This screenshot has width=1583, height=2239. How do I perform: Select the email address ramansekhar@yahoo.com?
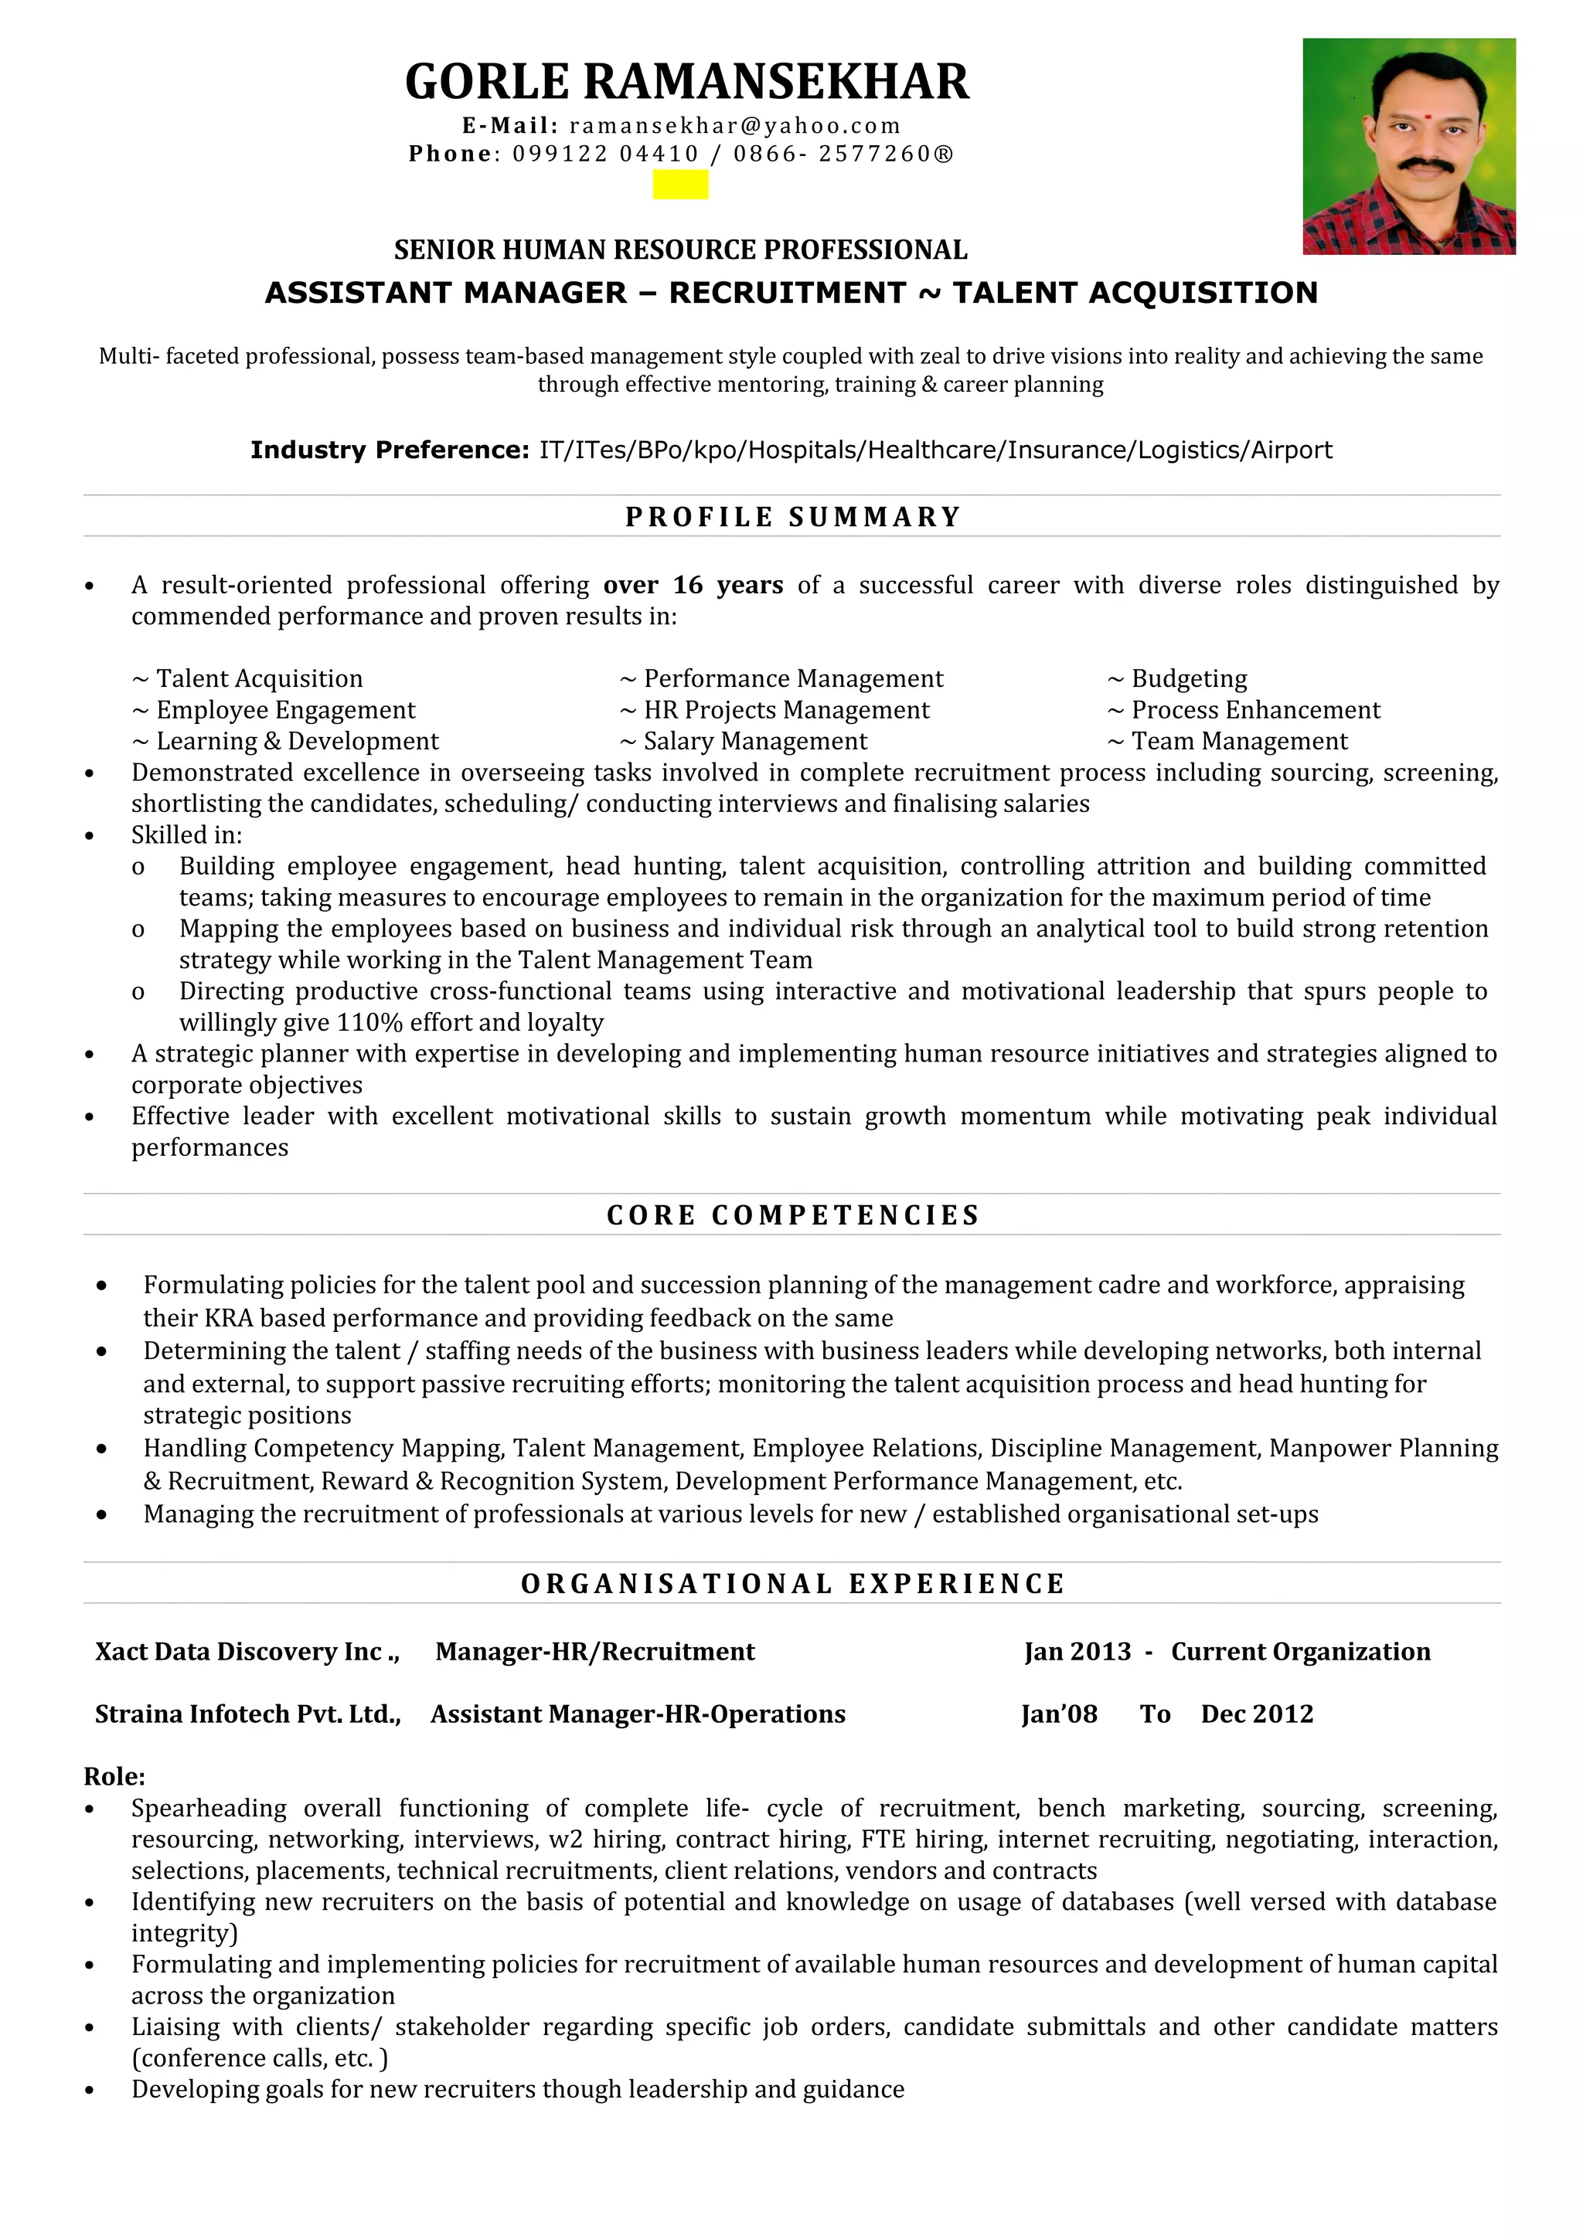tap(734, 126)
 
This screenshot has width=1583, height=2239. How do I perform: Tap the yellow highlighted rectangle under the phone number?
tap(680, 185)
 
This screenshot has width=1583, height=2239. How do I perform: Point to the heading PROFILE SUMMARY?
tap(793, 517)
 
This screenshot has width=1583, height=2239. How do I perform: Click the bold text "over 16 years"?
tap(693, 585)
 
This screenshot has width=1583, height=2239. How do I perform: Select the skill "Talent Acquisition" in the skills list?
tap(258, 678)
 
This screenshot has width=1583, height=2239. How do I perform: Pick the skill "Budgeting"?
tap(1188, 678)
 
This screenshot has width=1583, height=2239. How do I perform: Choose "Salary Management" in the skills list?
tap(754, 741)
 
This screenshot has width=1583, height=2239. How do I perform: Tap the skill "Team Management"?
tap(1239, 741)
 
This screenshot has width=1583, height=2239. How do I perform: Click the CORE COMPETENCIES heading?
tap(793, 1215)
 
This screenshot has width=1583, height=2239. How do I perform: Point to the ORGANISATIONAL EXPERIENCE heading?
tap(793, 1584)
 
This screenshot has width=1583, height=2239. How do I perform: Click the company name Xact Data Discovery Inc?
tap(246, 1652)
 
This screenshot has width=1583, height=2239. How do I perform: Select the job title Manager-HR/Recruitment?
tap(595, 1652)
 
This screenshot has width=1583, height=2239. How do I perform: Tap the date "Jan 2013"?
tap(1077, 1652)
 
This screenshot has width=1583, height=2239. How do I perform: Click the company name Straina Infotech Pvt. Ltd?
tap(247, 1714)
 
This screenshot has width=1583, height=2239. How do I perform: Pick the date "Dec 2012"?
tap(1256, 1714)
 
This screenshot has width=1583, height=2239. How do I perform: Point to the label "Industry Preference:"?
tap(389, 450)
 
